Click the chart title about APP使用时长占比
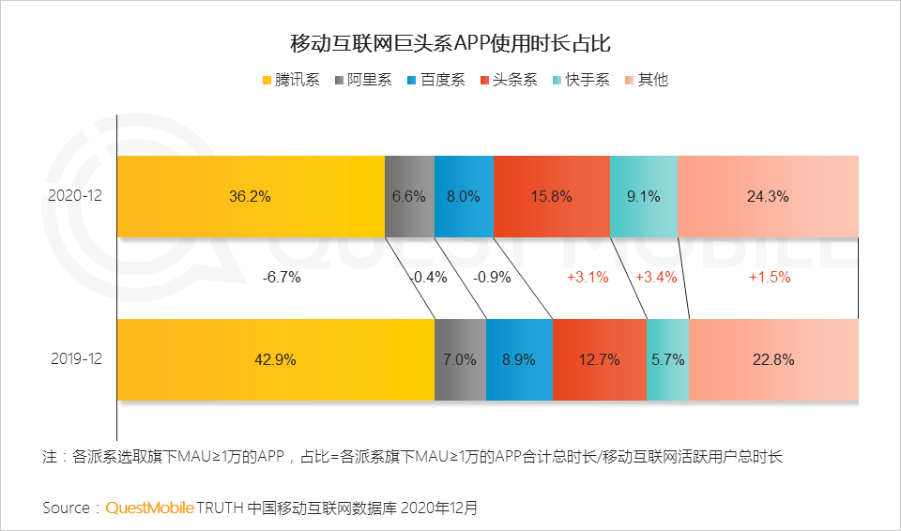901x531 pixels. coord(450,43)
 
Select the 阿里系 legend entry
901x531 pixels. coord(362,80)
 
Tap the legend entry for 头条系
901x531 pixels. coord(508,80)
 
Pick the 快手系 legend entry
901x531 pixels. coord(581,80)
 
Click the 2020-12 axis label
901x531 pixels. coord(75,196)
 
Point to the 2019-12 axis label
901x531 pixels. coord(75,359)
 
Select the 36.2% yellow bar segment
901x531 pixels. coord(251,196)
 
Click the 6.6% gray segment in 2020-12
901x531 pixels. coord(409,196)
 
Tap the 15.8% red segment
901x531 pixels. coord(551,196)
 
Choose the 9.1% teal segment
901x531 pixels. coord(643,196)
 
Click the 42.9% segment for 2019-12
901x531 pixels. coord(275,359)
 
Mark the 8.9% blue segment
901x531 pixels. coord(519,359)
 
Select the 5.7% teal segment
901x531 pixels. coord(667,359)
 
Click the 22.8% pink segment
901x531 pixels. coord(773,359)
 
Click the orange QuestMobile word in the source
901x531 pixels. coord(149,508)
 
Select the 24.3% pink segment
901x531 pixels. coord(768,196)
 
